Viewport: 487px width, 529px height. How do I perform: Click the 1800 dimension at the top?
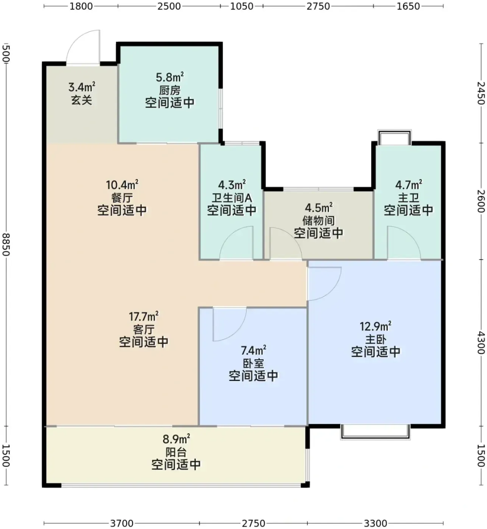pos(81,6)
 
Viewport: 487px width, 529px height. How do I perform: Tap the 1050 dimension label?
pos(242,6)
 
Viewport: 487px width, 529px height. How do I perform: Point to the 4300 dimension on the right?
pos(481,343)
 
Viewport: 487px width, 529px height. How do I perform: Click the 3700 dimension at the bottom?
pos(122,523)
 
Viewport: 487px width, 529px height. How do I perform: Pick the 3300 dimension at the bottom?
pos(375,523)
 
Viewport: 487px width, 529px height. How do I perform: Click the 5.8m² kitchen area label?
pos(170,77)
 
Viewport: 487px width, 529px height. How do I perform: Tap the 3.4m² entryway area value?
pos(82,87)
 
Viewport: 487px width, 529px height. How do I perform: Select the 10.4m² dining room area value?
pos(122,185)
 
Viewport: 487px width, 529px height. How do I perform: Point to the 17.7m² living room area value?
pos(143,316)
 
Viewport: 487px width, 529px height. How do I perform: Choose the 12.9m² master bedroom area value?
pos(375,326)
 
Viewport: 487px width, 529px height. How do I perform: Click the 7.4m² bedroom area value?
pos(253,351)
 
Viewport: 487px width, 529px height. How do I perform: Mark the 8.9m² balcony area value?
pos(176,439)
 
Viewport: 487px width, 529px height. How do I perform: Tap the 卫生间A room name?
pos(232,198)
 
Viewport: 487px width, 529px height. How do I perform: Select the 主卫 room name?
pos(408,198)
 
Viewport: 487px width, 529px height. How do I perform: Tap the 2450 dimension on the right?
pos(481,93)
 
